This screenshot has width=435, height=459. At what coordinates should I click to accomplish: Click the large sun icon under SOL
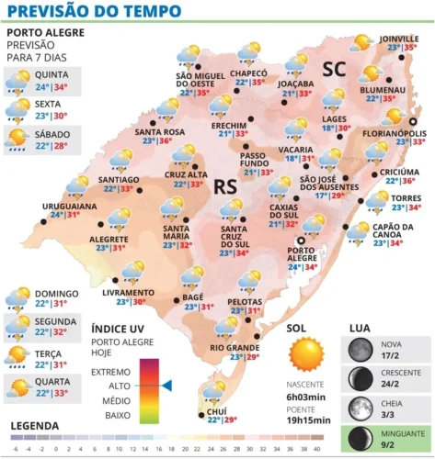tap(305, 354)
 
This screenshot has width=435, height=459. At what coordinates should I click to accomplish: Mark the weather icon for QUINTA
tap(17, 83)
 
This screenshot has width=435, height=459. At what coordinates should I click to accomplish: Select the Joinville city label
tap(397, 38)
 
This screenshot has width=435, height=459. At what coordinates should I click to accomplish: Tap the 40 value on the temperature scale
tap(317, 449)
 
